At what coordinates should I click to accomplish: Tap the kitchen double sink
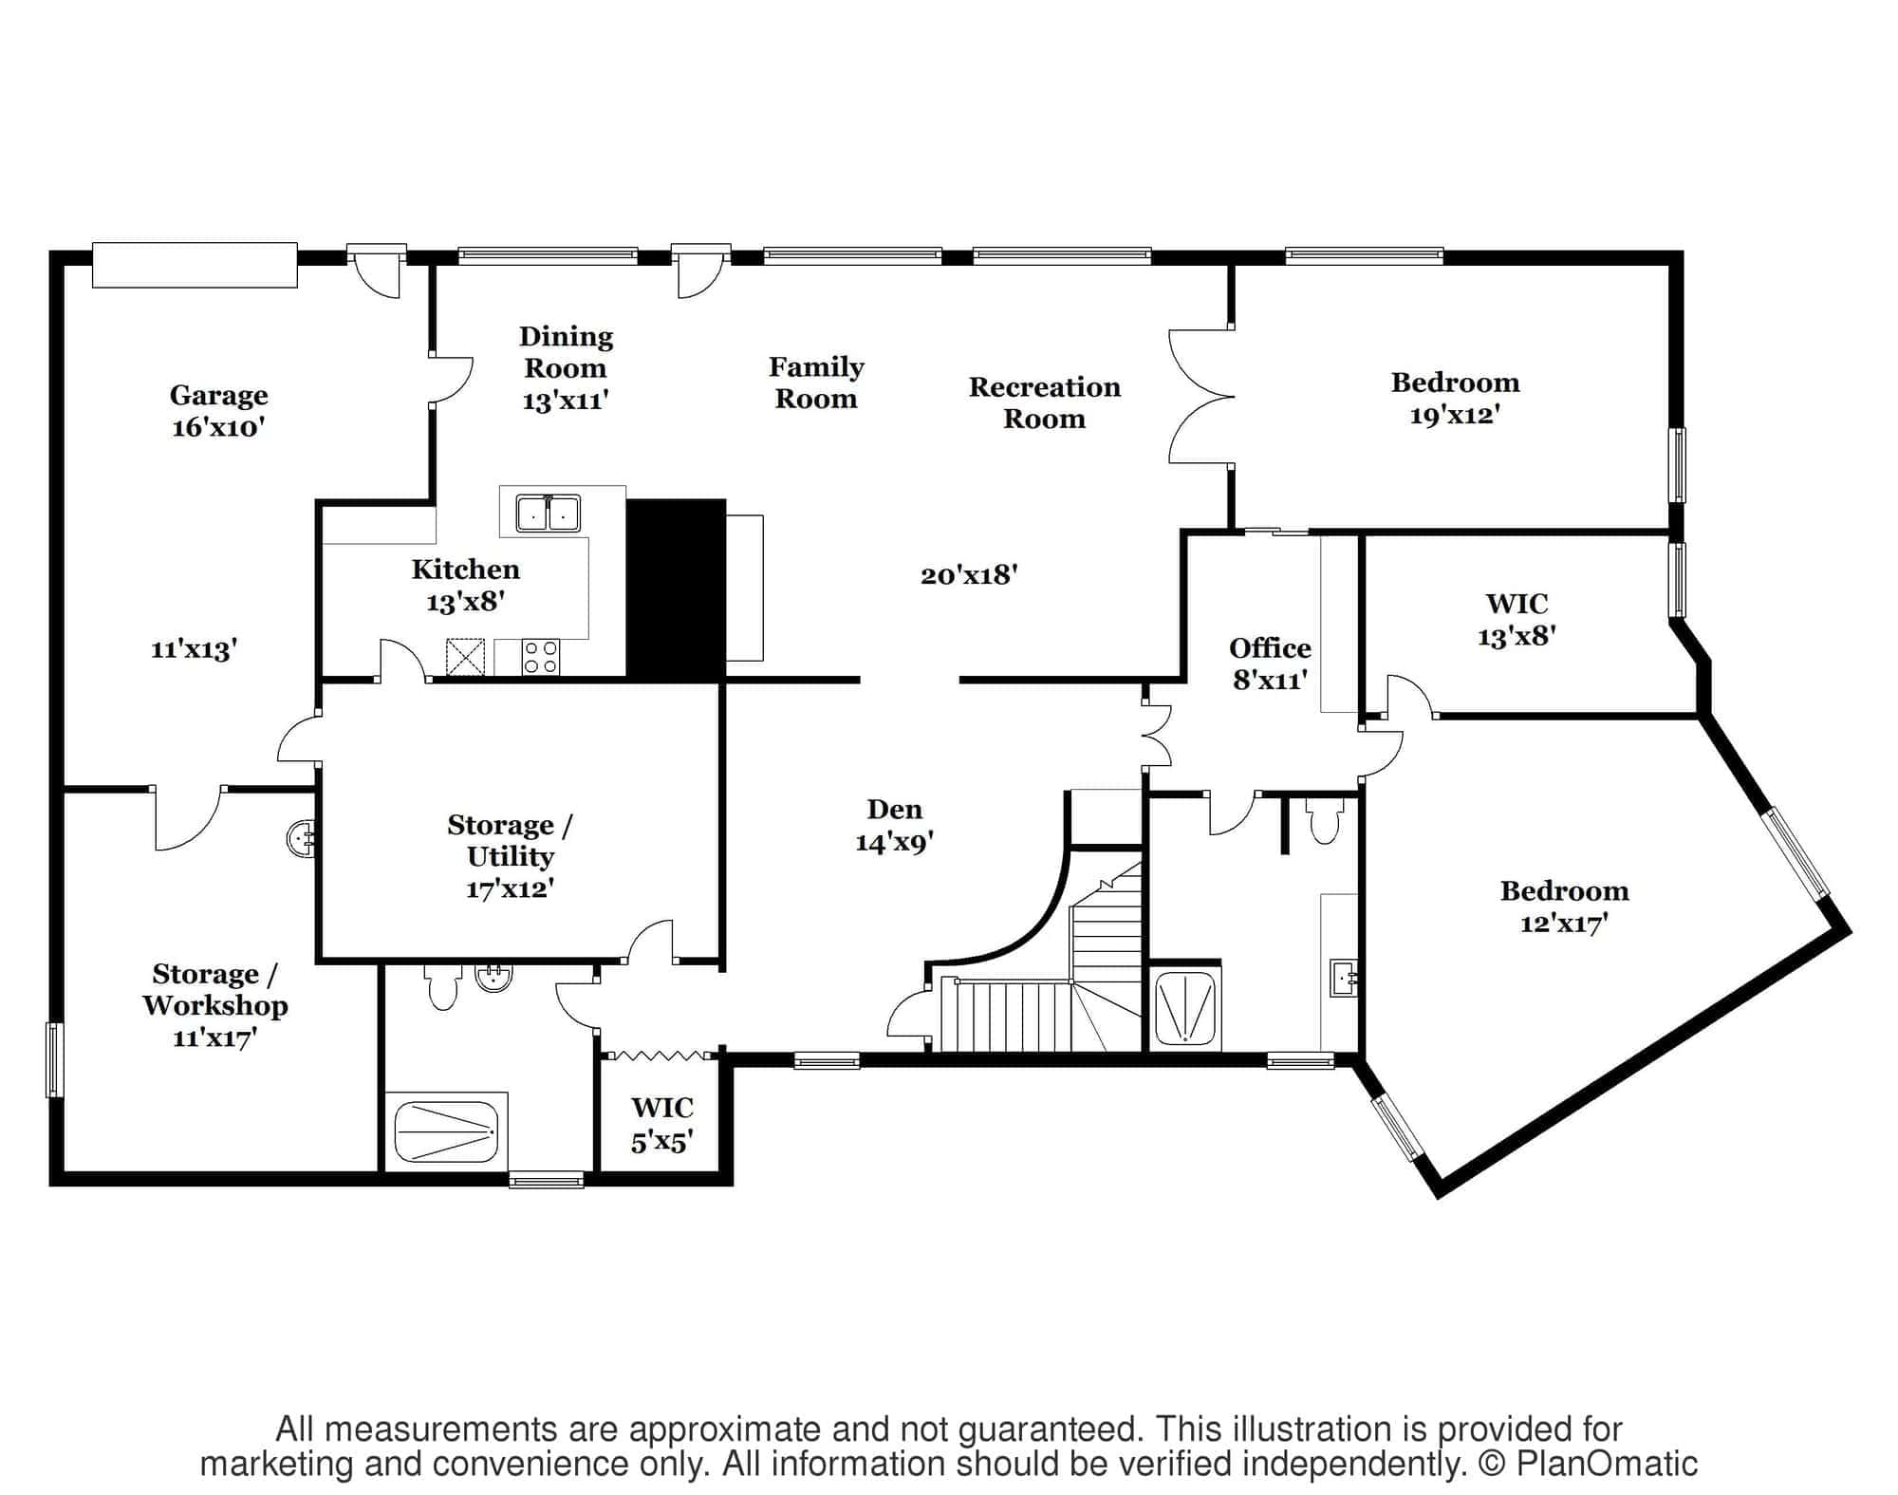coord(548,513)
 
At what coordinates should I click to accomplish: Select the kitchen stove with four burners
coord(541,657)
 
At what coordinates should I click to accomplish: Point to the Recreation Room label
coord(1044,402)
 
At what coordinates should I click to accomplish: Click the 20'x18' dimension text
coord(969,574)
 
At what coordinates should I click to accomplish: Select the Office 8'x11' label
coord(1270,663)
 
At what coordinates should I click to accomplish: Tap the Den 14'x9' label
coord(894,825)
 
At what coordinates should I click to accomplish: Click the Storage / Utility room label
coord(510,855)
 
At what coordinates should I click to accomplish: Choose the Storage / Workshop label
coord(215,1005)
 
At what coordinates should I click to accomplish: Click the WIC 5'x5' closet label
coord(662,1123)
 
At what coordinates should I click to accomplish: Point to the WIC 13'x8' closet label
coord(1517,619)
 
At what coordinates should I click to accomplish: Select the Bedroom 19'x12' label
coord(1455,399)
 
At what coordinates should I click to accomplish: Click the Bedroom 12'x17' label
coord(1564,906)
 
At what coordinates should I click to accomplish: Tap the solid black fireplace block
coord(676,589)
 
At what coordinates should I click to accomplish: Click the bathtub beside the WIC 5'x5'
coord(445,1131)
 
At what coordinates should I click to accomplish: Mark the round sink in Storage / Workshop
coord(301,838)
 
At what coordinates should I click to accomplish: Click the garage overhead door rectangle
coord(195,265)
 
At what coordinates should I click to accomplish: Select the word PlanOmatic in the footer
coord(1606,1463)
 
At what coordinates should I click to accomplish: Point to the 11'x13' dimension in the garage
coord(194,649)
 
